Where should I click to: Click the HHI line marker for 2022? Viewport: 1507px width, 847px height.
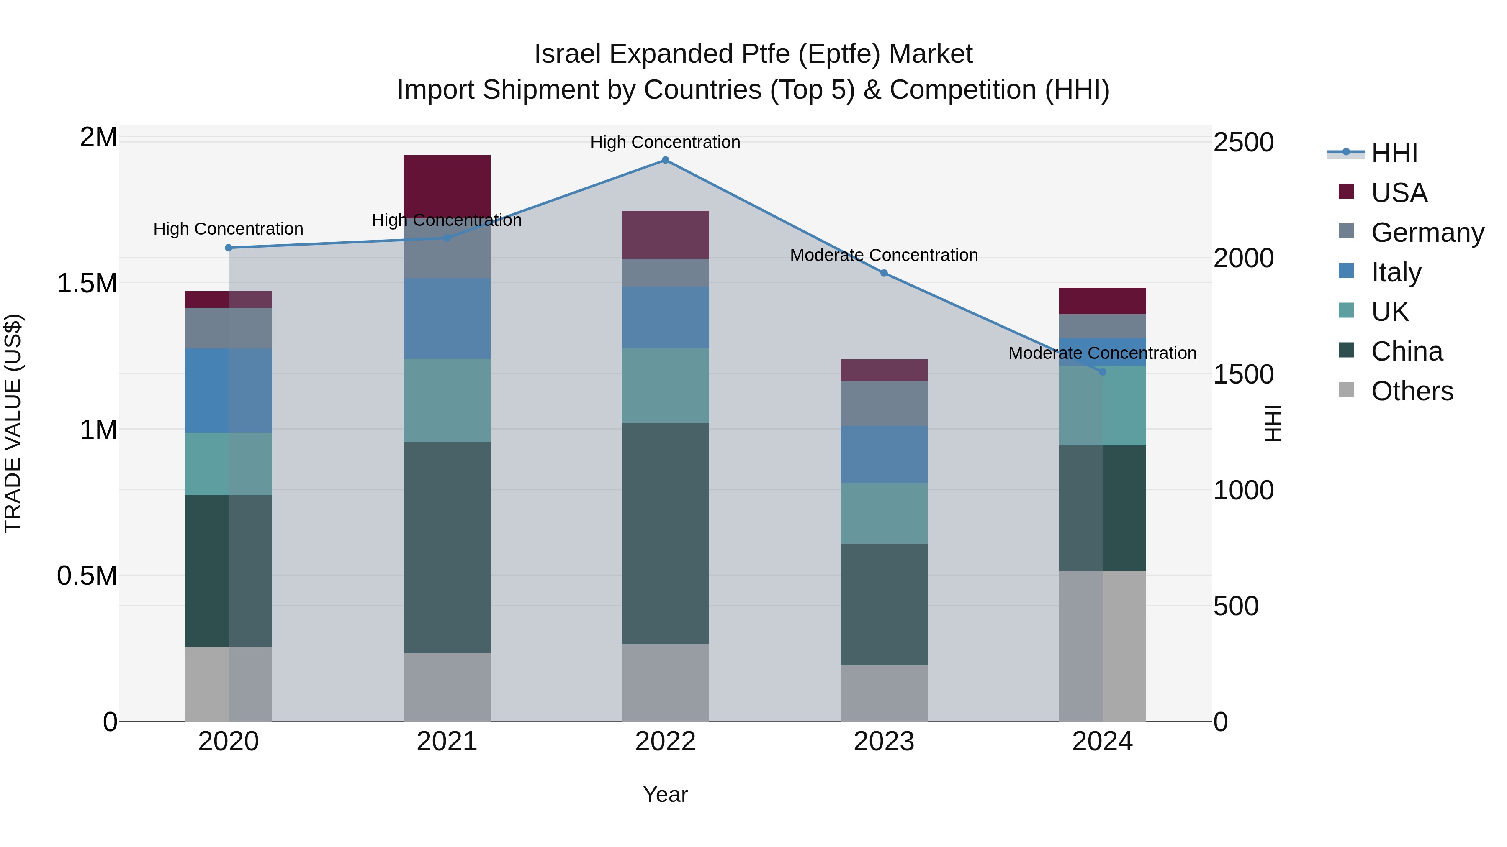tap(665, 160)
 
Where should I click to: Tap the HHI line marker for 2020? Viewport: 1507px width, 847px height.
tap(229, 248)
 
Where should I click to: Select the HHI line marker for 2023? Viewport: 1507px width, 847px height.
tap(884, 273)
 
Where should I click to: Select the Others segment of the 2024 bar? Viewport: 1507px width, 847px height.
tap(1102, 646)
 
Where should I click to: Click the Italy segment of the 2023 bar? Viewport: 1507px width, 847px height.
tap(884, 454)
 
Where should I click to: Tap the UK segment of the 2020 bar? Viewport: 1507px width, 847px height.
tap(229, 464)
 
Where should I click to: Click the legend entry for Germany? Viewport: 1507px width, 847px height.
tap(1427, 232)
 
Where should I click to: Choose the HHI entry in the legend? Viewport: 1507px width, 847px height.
tap(1394, 153)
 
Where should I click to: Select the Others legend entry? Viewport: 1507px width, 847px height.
tap(1412, 391)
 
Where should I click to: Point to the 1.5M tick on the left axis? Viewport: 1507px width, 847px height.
tap(87, 284)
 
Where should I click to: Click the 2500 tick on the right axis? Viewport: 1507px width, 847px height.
tap(1243, 143)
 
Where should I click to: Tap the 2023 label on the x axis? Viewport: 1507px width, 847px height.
tap(884, 742)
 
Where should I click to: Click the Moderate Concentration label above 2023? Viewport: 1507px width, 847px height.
tap(884, 256)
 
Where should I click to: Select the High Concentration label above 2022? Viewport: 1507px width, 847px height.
tap(665, 142)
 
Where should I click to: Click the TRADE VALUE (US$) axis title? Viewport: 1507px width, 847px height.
tap(13, 423)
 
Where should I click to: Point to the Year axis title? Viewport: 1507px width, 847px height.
tap(665, 794)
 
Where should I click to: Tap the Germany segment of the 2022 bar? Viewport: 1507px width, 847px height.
tap(665, 272)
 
